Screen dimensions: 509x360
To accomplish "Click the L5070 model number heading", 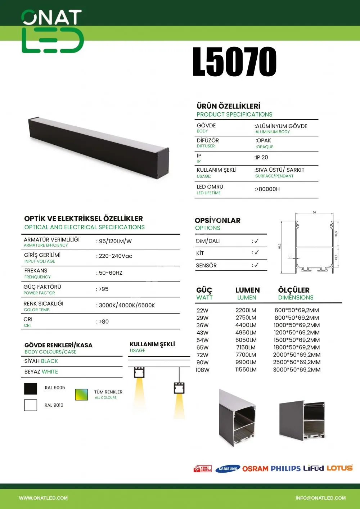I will (234, 62).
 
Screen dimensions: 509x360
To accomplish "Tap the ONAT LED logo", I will (53, 32).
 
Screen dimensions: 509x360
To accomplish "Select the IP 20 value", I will (261, 157).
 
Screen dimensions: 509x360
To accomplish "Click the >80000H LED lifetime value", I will (267, 189).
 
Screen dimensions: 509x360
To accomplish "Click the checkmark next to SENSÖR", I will (256, 265).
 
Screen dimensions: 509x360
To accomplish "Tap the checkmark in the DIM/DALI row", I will (256, 241).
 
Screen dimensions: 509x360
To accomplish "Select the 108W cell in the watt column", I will (202, 370).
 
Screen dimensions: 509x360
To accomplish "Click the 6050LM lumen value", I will (246, 340).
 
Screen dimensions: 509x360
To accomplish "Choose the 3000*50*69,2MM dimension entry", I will (297, 370).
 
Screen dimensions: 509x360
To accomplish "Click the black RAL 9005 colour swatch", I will (31, 389).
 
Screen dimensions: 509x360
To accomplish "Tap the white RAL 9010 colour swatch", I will (31, 405).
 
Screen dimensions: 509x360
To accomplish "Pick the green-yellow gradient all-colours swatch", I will (81, 395).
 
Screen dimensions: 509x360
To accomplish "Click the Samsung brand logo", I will (228, 469).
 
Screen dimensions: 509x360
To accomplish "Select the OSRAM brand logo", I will (255, 469).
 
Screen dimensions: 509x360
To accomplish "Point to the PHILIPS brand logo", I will (285, 468).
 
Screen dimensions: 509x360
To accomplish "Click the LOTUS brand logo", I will (340, 468).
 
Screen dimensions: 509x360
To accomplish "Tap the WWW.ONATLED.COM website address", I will (43, 498).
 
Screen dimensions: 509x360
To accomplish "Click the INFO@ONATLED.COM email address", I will (320, 498).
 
